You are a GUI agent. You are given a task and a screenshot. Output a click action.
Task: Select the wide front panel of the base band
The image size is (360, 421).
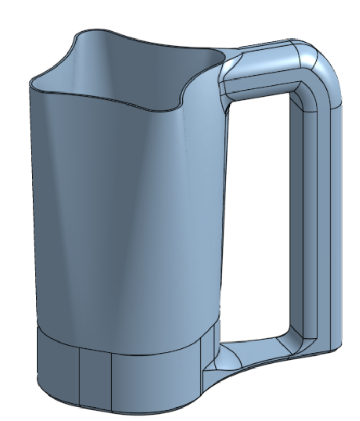156,379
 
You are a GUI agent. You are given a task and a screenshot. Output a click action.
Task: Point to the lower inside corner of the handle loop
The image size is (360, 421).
291,340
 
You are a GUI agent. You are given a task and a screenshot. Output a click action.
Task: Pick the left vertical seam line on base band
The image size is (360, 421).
79,377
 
